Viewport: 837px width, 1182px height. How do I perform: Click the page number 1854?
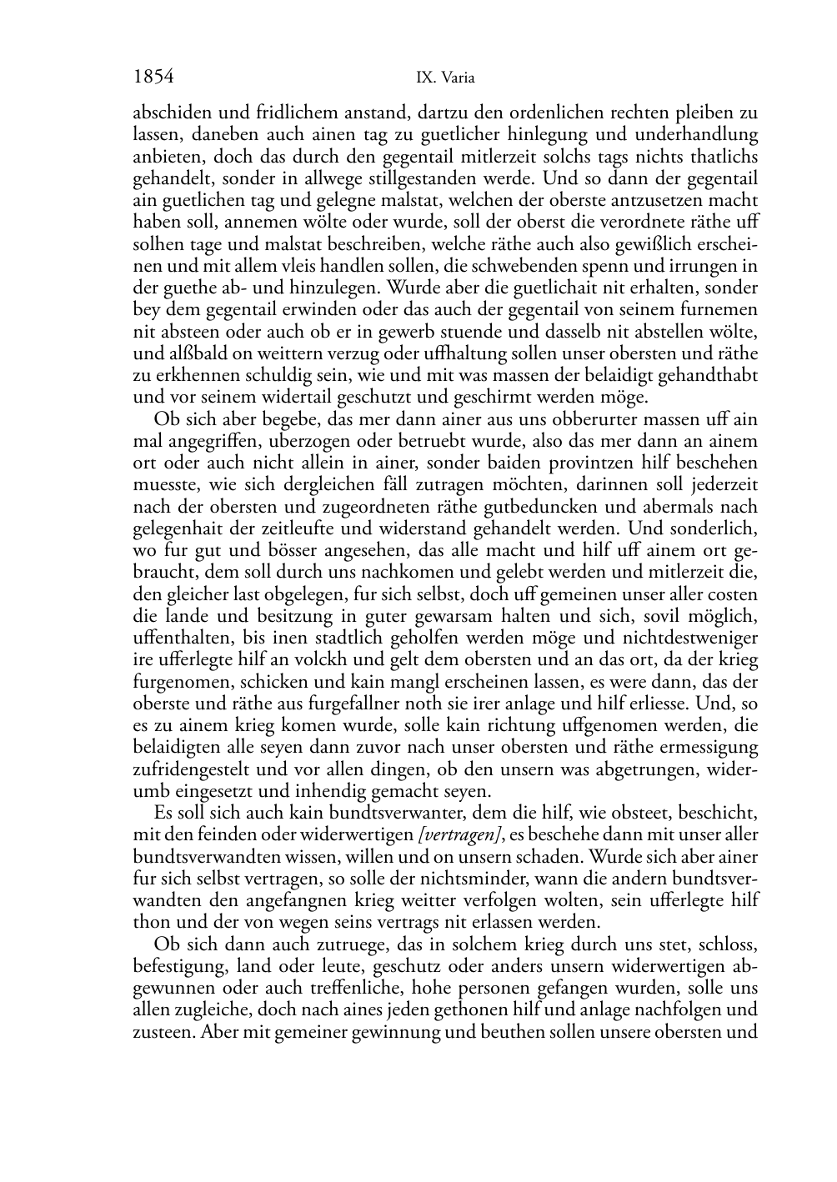point(153,78)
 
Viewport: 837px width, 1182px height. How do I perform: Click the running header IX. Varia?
point(445,78)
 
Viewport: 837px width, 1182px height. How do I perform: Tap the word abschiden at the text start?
point(168,113)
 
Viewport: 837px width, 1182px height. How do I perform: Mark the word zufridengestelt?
point(190,769)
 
